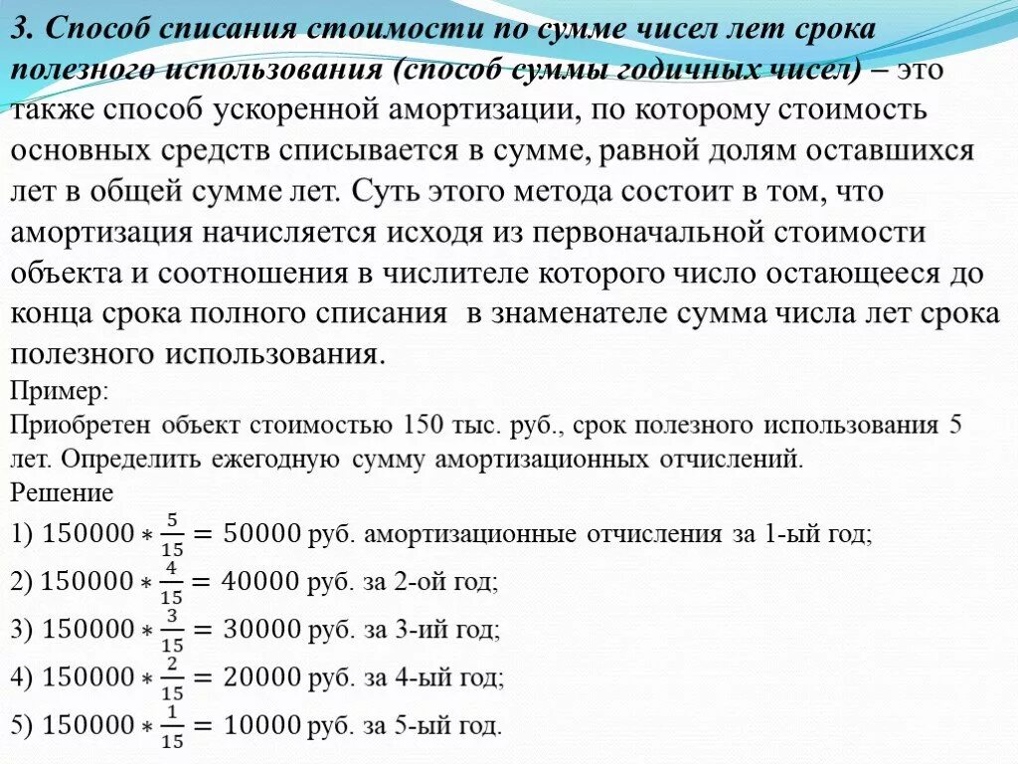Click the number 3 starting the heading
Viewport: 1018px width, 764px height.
[19, 30]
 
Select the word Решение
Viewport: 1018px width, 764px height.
[61, 492]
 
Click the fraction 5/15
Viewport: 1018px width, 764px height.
[172, 535]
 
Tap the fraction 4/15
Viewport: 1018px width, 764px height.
[172, 583]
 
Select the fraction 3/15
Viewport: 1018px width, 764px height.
[172, 631]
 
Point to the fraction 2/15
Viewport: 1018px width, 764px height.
[172, 678]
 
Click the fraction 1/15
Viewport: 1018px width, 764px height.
[172, 726]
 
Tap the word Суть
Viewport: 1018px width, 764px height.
[407, 191]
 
